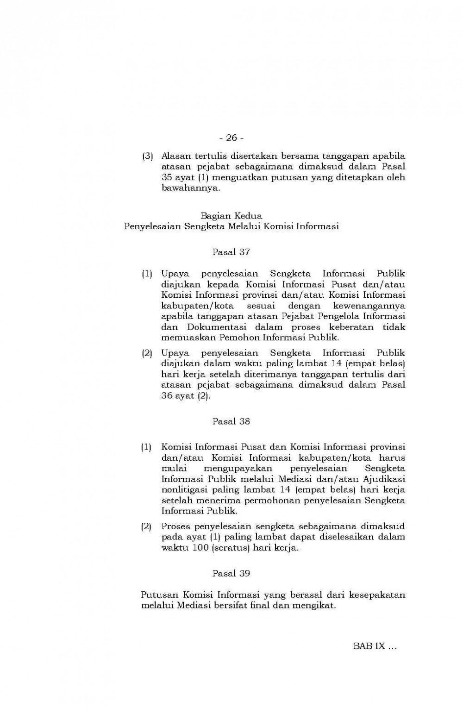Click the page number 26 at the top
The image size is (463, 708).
(x=231, y=138)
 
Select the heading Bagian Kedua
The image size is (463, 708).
(x=231, y=216)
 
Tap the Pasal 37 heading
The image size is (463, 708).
(x=231, y=252)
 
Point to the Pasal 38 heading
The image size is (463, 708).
(x=231, y=421)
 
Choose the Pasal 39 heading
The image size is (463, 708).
(x=231, y=573)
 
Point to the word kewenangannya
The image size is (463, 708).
(x=369, y=306)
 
